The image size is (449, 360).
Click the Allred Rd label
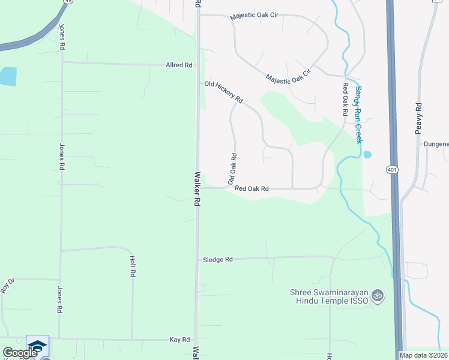coord(179,64)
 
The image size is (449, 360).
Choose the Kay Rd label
coord(179,340)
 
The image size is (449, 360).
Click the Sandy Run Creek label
coord(358,114)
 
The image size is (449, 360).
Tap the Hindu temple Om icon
coord(378,295)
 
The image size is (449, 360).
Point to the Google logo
coord(20,353)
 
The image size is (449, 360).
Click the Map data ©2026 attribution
coord(424,355)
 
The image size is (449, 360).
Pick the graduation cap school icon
coord(37,346)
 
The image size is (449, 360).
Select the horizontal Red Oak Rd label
coord(252,189)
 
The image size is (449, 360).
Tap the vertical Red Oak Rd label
coord(346,95)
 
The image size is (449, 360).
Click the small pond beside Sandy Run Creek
coord(367,154)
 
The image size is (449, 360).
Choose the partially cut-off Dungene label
coord(436,145)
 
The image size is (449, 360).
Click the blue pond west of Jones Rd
coord(8,76)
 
